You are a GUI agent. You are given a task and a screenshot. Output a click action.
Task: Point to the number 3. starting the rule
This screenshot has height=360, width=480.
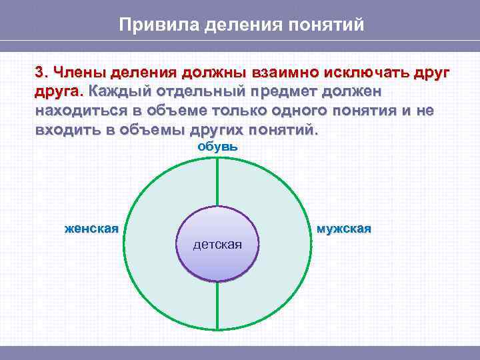point(41,72)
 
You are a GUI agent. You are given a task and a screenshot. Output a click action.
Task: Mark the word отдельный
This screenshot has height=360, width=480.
point(199,91)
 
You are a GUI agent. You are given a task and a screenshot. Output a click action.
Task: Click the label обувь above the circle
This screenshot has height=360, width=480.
point(217,146)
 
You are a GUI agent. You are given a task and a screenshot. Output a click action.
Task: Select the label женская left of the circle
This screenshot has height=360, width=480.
point(91,229)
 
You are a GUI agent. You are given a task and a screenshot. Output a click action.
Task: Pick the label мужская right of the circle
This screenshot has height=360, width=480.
point(344,229)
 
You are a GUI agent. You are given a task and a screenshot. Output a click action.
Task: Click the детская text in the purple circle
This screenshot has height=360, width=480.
point(217,245)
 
